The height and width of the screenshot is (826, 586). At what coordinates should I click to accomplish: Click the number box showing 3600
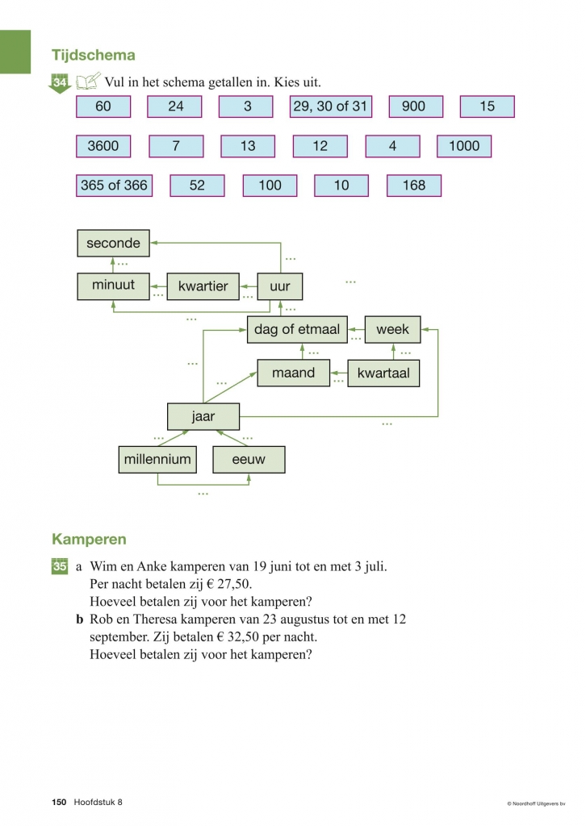103,146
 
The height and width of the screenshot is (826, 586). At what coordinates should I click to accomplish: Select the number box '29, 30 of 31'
330,106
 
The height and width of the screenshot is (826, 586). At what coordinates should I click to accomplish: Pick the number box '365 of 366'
114,186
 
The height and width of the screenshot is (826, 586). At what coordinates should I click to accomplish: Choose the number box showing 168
413,186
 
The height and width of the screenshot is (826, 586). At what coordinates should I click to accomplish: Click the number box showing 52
197,186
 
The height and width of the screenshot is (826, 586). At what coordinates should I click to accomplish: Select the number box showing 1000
464,146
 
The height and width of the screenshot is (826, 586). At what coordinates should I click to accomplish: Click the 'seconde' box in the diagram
113,243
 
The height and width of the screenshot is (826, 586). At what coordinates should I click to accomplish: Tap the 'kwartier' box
203,286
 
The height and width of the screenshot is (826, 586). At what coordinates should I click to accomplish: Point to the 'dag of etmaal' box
297,329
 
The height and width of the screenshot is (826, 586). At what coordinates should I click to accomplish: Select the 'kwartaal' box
383,373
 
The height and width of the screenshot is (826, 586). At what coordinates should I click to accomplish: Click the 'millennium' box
157,460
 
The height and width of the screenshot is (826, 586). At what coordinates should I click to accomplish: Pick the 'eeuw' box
249,460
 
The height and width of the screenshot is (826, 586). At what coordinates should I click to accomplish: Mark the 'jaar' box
203,417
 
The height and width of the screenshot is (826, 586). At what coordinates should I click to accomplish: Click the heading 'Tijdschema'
94,56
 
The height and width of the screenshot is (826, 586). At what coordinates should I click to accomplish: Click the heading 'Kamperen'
89,538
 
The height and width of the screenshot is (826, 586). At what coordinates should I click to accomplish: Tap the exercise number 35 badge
60,567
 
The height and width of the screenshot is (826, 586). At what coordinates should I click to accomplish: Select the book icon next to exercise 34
88,81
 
